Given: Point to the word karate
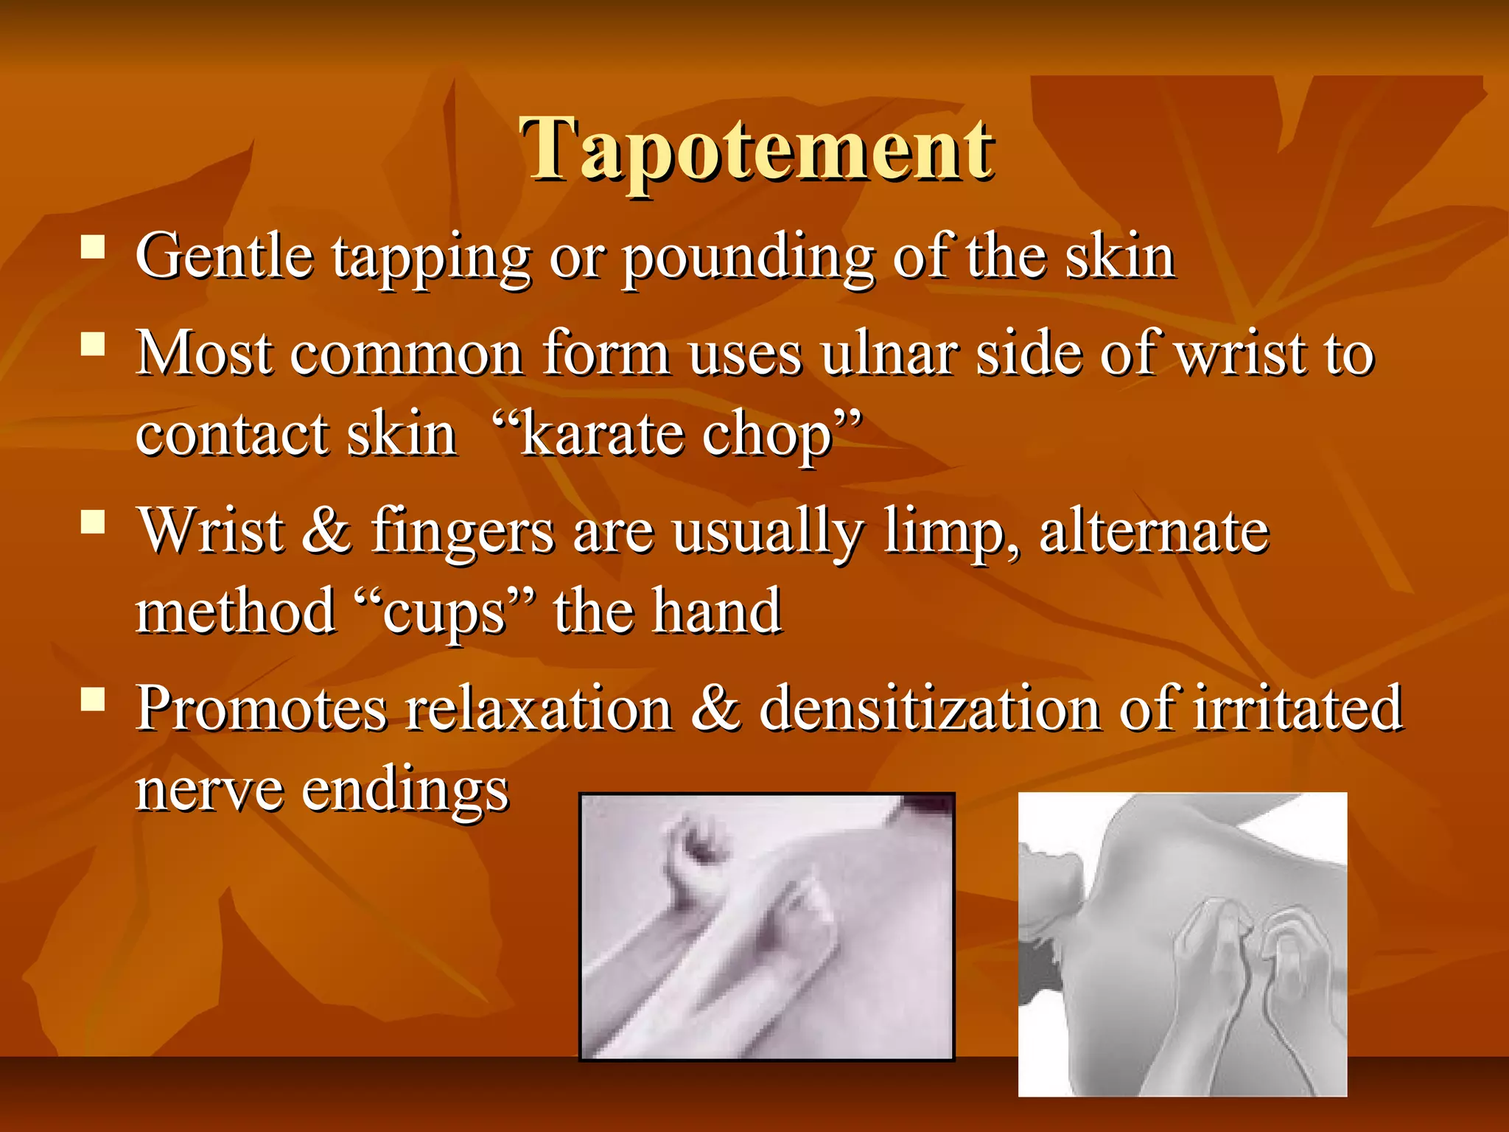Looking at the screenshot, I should click(601, 434).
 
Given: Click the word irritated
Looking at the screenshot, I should click(1297, 708).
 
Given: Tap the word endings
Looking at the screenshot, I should click(405, 790).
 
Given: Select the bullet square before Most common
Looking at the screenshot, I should click(93, 343).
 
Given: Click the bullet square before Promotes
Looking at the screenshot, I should click(93, 698).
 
